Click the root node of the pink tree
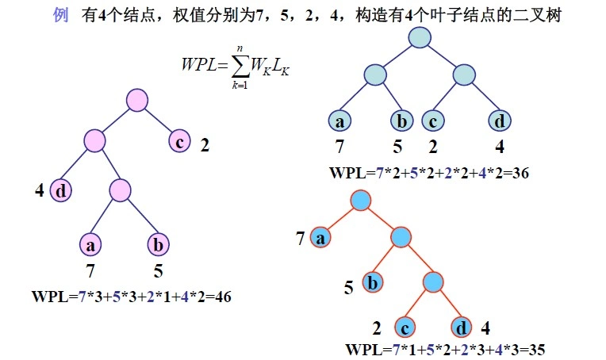coord(137,101)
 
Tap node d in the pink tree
coord(62,190)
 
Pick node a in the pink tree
coord(90,245)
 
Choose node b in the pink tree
coord(158,245)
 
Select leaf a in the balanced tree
coord(339,121)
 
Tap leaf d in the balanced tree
coord(499,121)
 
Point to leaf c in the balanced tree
coord(433,121)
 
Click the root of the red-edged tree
coord(361,199)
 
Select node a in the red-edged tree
coord(320,236)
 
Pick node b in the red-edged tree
coord(374,281)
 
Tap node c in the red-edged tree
coord(405,327)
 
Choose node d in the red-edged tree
coord(462,327)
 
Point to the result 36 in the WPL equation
coord(521,173)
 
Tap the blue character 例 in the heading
coord(60,15)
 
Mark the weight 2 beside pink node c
coord(205,145)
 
